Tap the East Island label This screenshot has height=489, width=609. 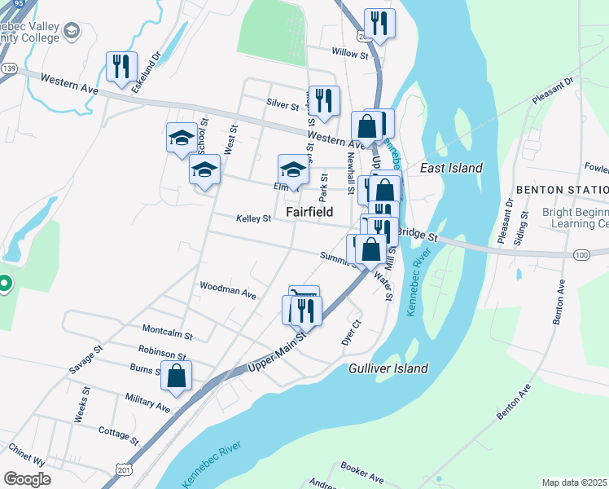tap(451, 168)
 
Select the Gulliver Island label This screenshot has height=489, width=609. tap(388, 368)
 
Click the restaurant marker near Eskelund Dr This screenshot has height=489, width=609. tap(121, 65)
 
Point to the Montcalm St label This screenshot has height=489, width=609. tap(167, 334)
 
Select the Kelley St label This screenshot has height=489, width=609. tap(253, 218)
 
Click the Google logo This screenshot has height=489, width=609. tap(28, 479)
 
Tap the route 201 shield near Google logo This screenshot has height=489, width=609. tap(123, 470)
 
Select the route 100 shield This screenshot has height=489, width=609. tap(581, 255)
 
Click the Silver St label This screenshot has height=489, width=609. tap(283, 104)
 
